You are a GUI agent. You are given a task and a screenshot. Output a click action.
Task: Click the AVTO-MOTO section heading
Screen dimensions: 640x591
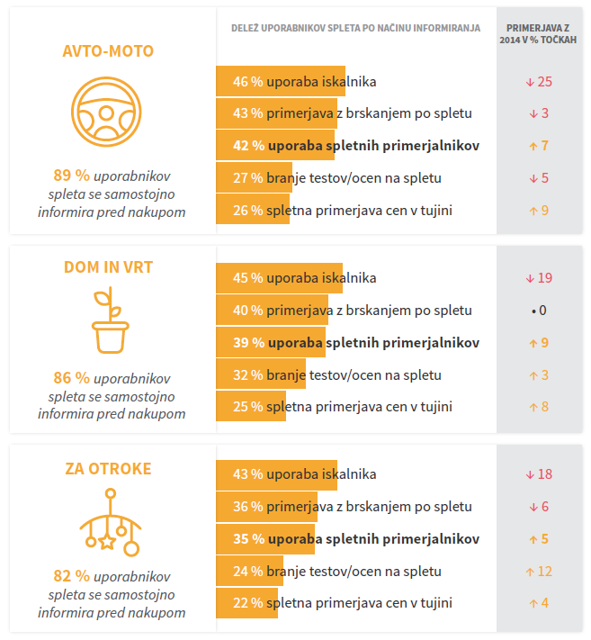click(108, 51)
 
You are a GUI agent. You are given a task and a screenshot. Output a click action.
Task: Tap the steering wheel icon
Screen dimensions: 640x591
click(107, 112)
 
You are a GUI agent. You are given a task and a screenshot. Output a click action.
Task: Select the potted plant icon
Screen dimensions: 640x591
click(110, 320)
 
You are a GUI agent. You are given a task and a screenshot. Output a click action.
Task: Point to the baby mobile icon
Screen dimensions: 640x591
click(110, 522)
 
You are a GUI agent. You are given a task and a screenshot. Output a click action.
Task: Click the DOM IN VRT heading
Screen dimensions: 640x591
click(108, 267)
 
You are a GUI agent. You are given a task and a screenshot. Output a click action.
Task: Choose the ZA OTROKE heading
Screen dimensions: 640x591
click(108, 469)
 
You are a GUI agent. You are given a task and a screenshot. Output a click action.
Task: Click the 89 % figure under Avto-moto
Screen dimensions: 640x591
click(71, 176)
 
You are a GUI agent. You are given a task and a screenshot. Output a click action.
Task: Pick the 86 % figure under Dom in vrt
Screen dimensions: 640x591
click(71, 378)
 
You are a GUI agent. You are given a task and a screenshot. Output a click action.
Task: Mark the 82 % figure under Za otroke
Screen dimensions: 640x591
click(71, 576)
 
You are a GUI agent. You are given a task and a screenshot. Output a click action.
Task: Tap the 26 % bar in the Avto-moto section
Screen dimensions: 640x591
click(253, 211)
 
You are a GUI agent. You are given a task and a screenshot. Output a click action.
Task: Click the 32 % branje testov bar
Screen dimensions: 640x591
click(262, 374)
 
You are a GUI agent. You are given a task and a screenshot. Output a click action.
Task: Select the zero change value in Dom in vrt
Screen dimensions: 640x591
click(539, 311)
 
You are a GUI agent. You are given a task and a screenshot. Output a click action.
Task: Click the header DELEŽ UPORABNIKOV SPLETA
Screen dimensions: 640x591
click(354, 28)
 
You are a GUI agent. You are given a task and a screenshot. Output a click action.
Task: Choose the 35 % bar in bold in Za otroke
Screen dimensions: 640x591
click(264, 539)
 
